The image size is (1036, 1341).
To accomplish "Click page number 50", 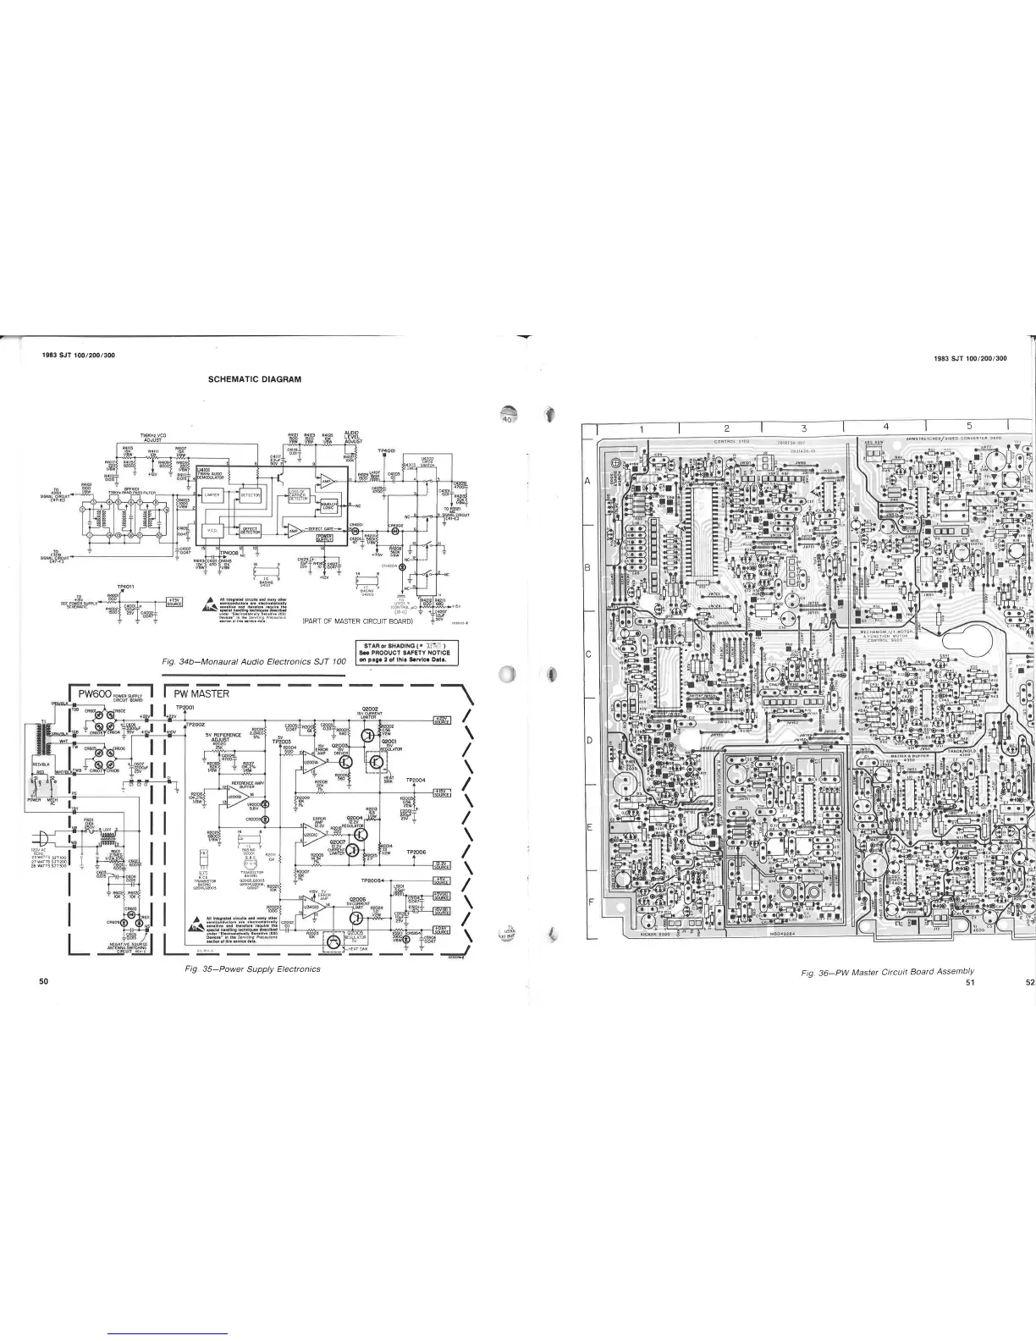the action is point(44,980).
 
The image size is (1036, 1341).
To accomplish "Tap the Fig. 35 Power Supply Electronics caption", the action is point(253,968).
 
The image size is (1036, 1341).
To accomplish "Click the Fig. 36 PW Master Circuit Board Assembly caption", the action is point(888,970).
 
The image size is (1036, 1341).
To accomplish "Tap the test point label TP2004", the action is point(415,780).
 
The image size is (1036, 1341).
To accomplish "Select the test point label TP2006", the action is point(415,852).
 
